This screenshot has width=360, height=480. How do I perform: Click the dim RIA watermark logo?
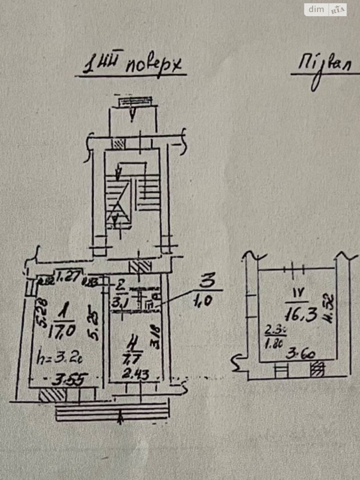[x=325, y=10]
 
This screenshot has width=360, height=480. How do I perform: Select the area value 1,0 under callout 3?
[x=208, y=300]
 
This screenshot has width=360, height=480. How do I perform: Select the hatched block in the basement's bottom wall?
[x=317, y=369]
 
